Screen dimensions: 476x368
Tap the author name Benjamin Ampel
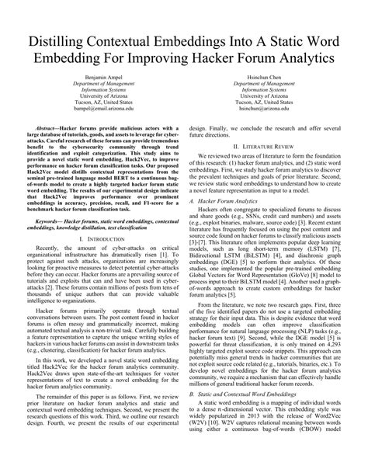point(103,79)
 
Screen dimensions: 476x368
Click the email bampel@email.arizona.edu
point(103,116)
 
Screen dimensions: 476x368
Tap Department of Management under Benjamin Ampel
point(103,86)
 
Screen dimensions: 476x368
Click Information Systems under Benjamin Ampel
point(103,94)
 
